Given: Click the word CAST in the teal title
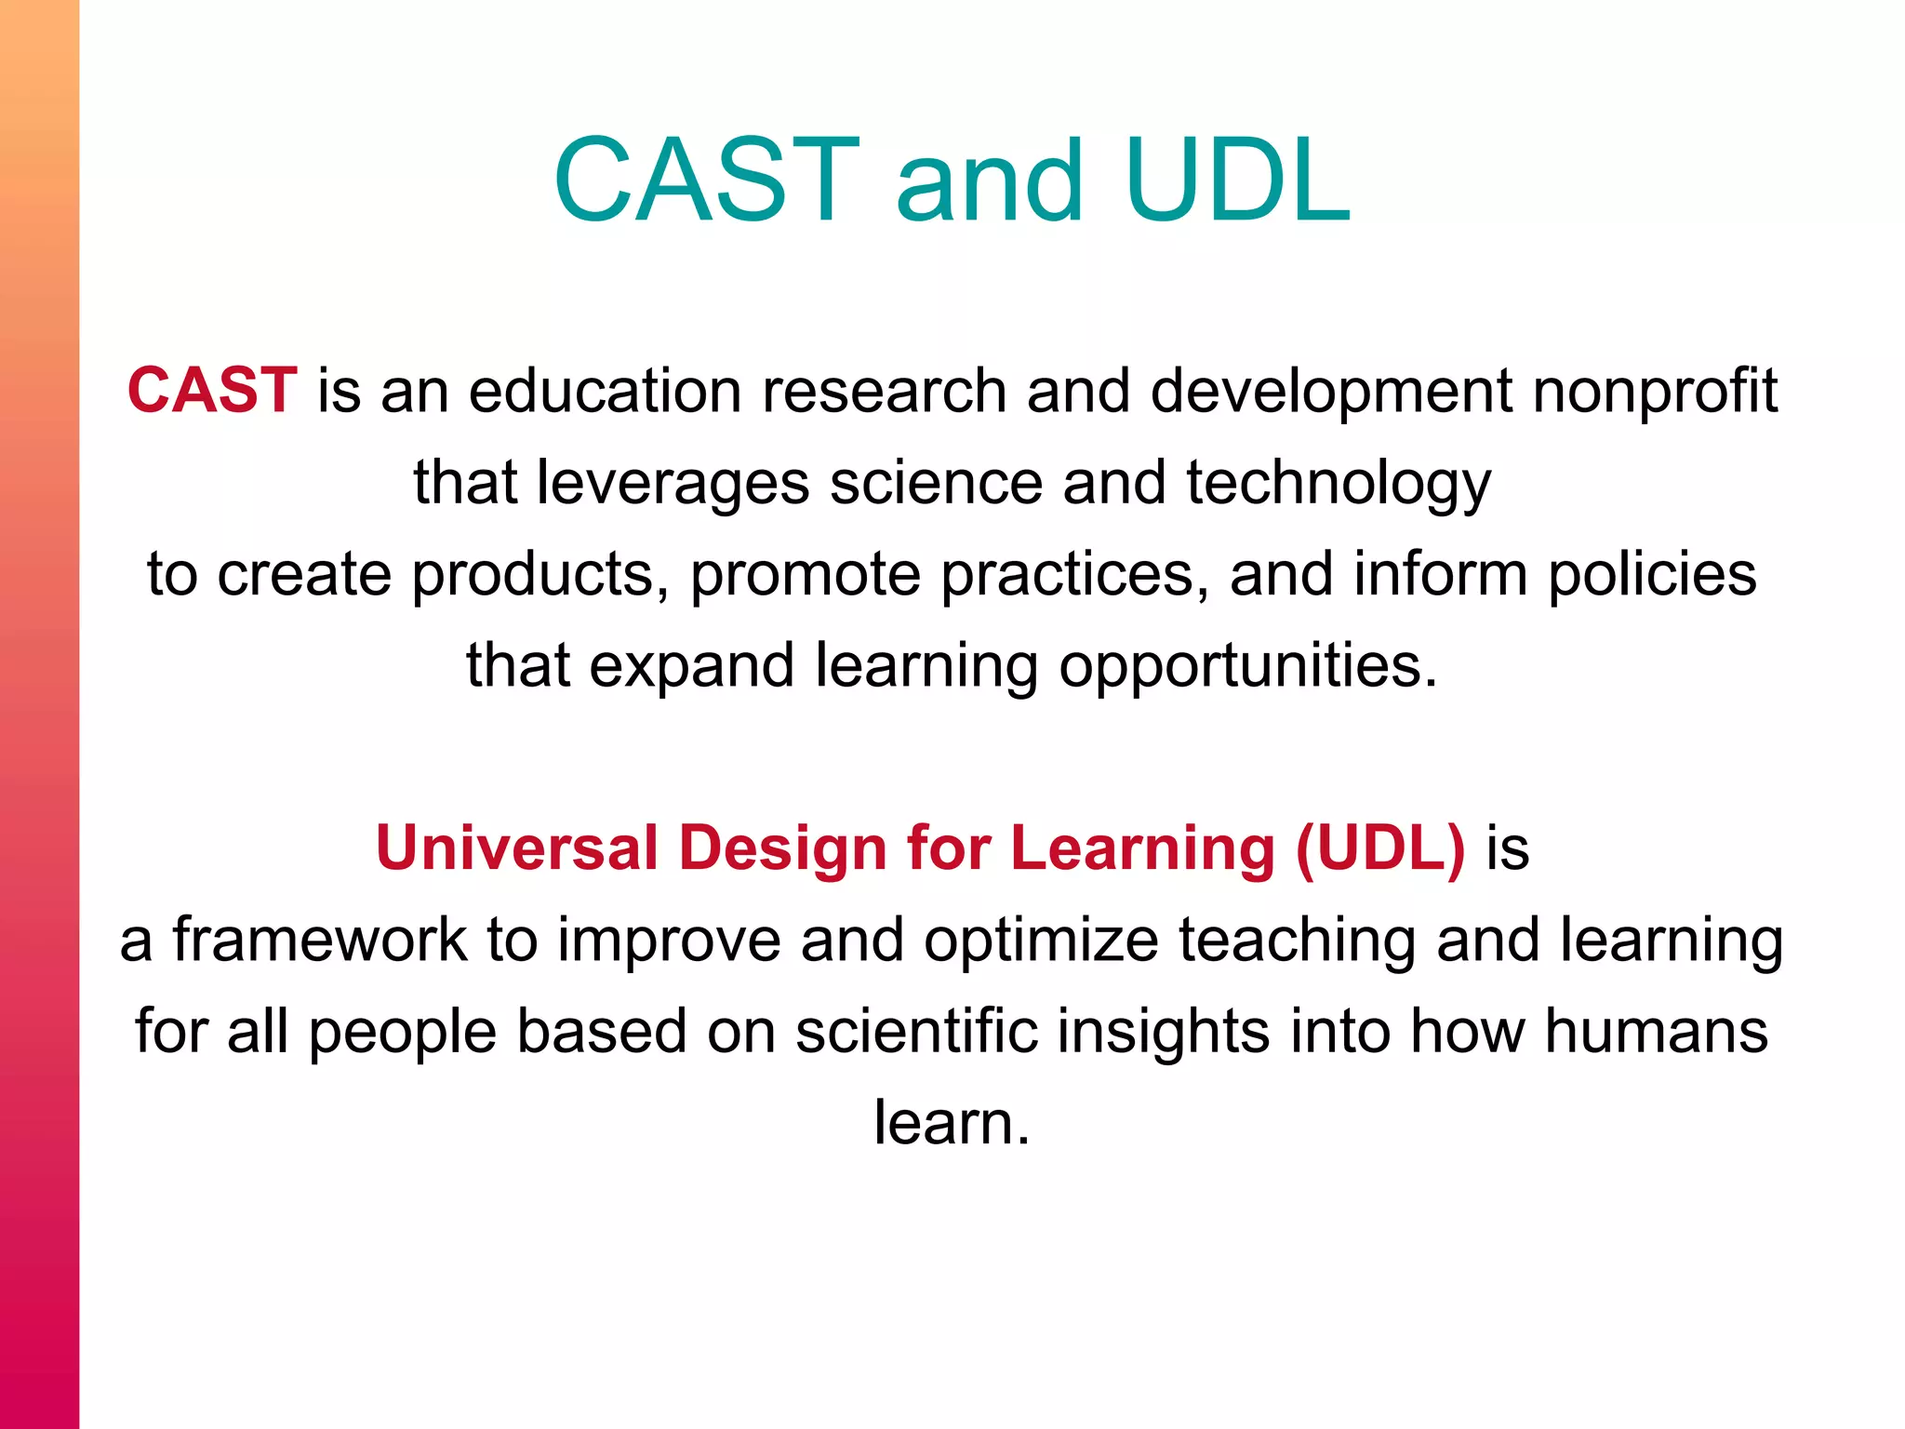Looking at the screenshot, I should [707, 180].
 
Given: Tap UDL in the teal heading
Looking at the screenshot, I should [1237, 180].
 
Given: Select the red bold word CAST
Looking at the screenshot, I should [212, 390].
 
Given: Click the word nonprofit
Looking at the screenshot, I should [1655, 392].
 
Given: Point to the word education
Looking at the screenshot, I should [605, 390].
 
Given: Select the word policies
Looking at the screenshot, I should [1652, 575].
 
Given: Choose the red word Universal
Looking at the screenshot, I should [516, 848].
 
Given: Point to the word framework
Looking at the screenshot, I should [320, 940].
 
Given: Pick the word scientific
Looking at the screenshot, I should [916, 1032].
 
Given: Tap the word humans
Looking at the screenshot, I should [1657, 1032].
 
